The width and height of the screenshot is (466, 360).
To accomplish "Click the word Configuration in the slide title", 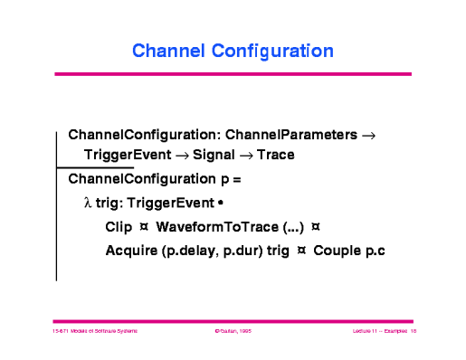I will [x=272, y=51].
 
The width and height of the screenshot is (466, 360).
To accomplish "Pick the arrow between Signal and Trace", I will [x=244, y=156].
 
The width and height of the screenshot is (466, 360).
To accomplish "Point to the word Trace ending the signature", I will [x=275, y=156].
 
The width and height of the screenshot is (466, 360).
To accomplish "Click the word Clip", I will [x=119, y=226].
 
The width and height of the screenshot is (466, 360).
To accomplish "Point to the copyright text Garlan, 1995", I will [x=233, y=333].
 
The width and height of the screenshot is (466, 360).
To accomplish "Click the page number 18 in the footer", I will [x=412, y=333].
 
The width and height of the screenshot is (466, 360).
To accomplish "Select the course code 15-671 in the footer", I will [x=62, y=333].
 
